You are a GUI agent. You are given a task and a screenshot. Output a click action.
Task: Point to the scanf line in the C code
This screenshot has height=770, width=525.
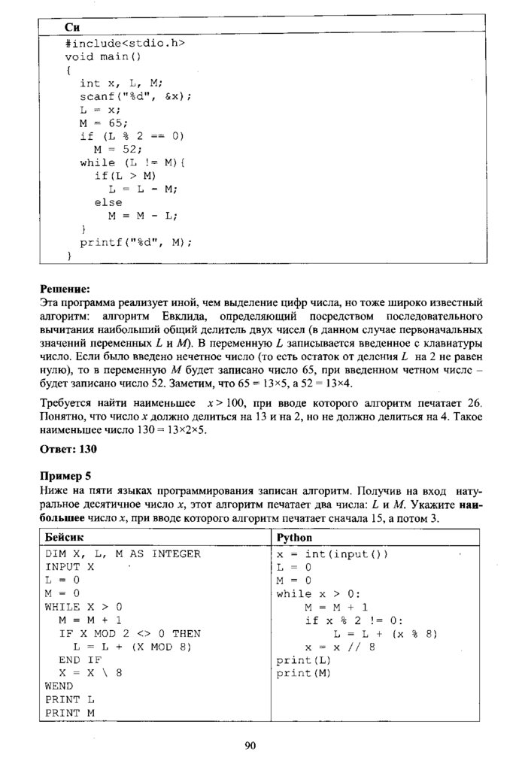tap(136, 96)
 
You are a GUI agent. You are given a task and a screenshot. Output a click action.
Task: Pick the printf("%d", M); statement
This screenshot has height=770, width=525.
tap(136, 242)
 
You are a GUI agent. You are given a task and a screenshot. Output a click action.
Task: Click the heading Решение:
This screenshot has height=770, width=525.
tap(64, 288)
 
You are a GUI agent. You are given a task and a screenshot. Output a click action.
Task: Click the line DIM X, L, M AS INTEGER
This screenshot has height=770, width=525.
tap(123, 554)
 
